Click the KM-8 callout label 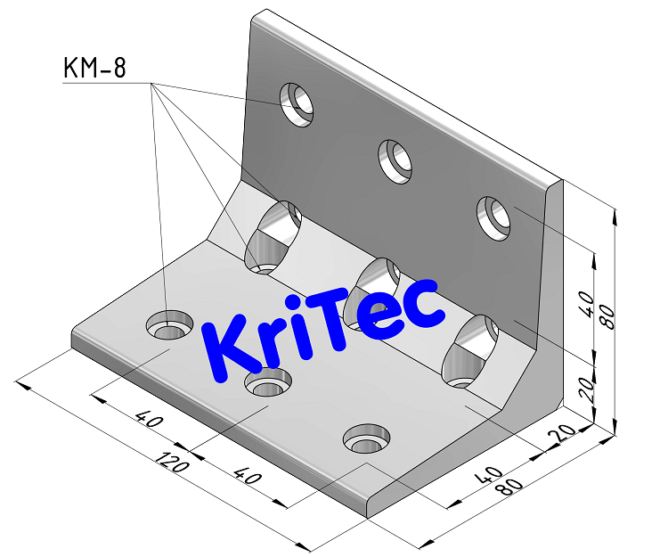point(94,68)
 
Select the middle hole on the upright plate point(394,160)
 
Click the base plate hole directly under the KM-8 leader point(169,325)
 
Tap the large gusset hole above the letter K point(273,236)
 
